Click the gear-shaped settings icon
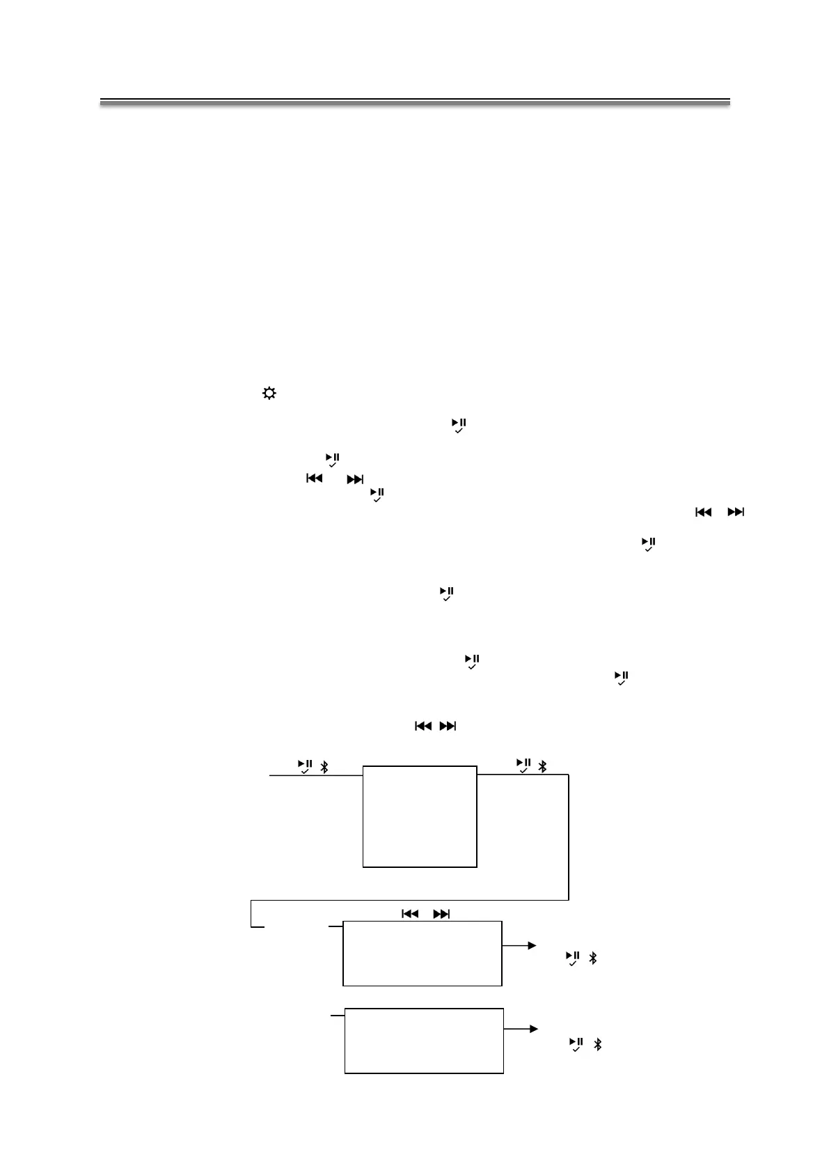click(x=269, y=394)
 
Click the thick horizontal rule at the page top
click(x=415, y=102)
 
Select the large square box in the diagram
click(x=420, y=816)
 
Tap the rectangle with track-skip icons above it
click(x=422, y=953)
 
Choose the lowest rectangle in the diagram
click(x=424, y=1040)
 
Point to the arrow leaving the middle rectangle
click(x=519, y=945)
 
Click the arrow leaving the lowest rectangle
click(x=521, y=1029)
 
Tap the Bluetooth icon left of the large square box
click(x=324, y=767)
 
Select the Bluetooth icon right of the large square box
click(x=543, y=766)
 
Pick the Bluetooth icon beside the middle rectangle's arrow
click(x=592, y=958)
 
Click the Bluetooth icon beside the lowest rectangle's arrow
click(x=597, y=1045)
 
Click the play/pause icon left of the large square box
click(x=305, y=766)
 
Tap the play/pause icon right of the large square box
click(x=523, y=765)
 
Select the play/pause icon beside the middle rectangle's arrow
click(x=573, y=958)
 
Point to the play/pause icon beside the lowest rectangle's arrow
click(x=576, y=1044)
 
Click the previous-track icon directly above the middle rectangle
click(x=410, y=914)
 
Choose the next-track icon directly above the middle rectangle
click(x=441, y=914)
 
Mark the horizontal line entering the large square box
click(x=316, y=775)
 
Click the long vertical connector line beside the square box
click(x=569, y=836)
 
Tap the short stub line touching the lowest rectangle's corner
click(x=337, y=1016)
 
